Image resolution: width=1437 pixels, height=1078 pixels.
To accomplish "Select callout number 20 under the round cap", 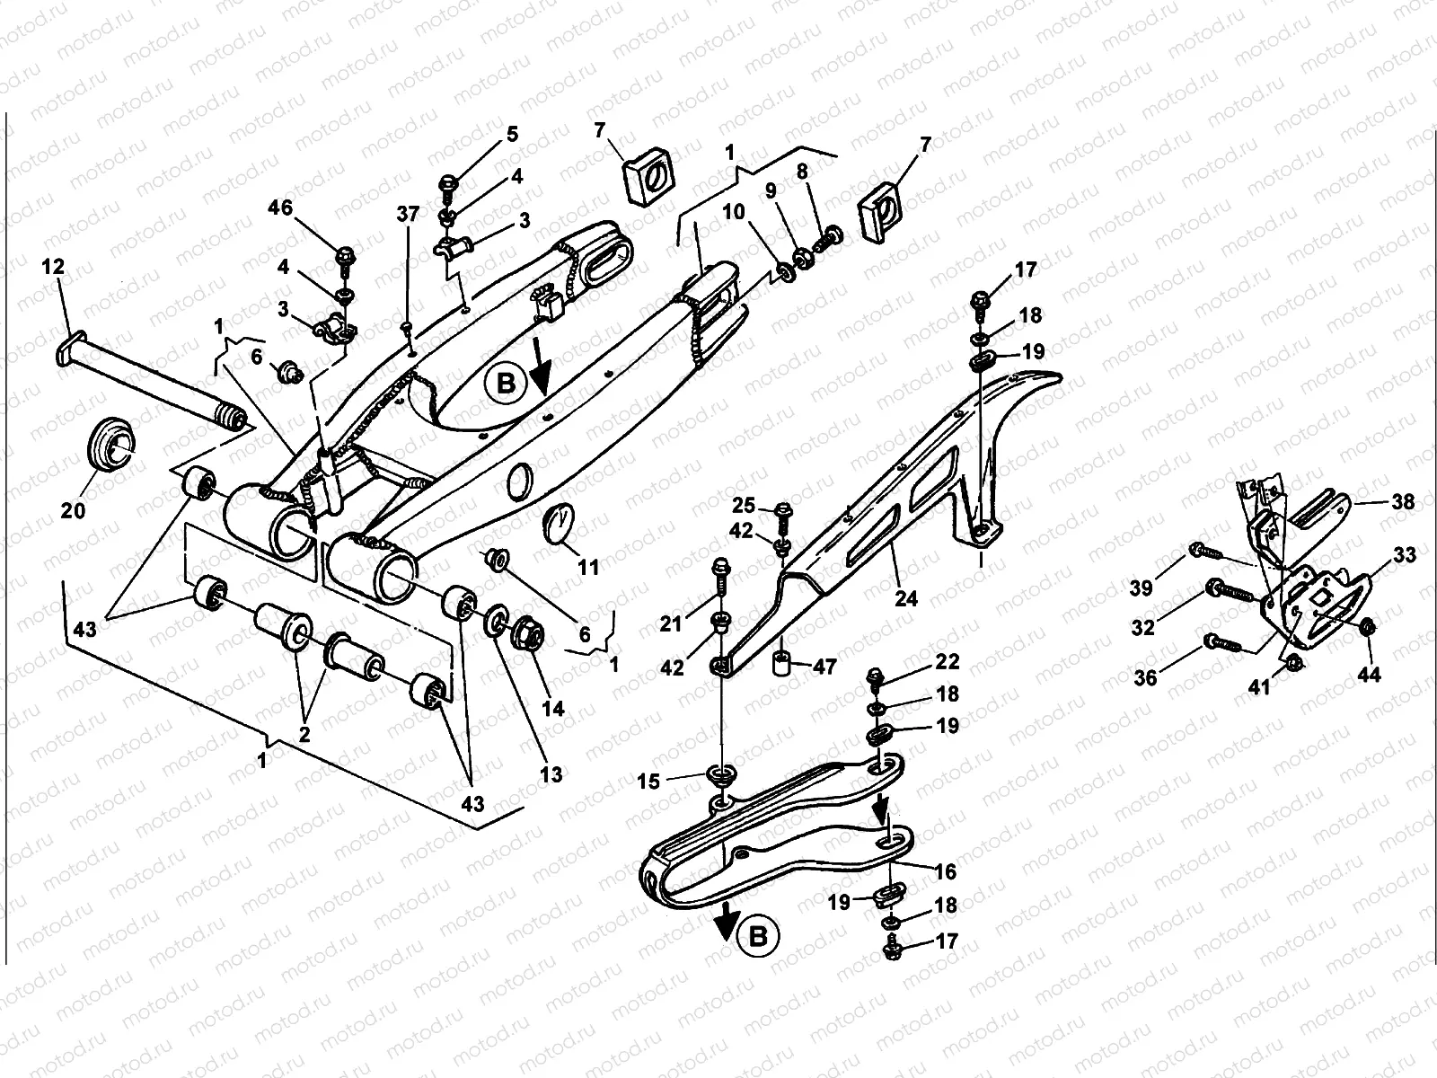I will click(x=73, y=510).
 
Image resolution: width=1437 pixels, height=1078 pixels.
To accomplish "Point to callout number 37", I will click(x=408, y=214).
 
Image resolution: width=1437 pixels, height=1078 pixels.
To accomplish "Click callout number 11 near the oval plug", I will click(x=588, y=568).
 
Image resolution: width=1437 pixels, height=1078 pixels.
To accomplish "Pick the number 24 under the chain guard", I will click(x=906, y=596).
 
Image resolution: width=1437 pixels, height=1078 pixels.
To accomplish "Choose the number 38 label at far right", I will click(x=1402, y=502).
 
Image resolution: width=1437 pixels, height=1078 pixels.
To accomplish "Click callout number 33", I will click(x=1405, y=555).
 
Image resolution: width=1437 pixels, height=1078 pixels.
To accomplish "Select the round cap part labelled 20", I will click(x=112, y=442).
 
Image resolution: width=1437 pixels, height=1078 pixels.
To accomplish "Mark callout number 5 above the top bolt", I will click(x=512, y=135).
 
